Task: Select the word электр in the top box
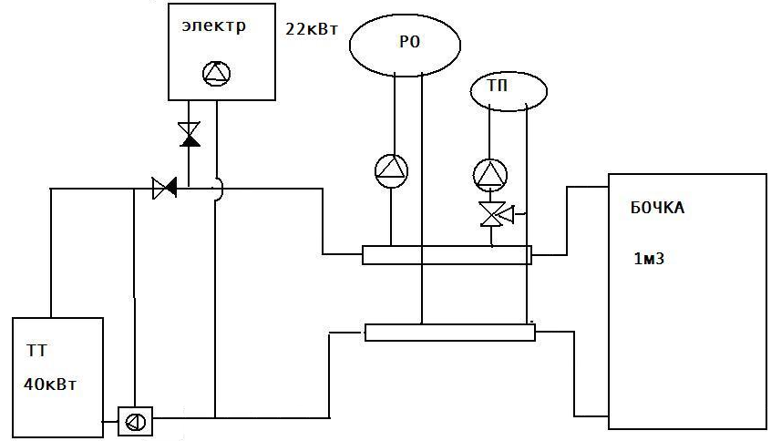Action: pyautogui.click(x=212, y=26)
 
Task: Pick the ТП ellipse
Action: pyautogui.click(x=509, y=89)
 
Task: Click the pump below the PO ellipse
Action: pyautogui.click(x=393, y=169)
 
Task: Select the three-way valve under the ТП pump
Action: pyautogui.click(x=491, y=215)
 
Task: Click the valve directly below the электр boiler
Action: pyautogui.click(x=189, y=134)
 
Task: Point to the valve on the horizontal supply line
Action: pyautogui.click(x=164, y=190)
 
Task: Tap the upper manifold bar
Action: pyautogui.click(x=447, y=255)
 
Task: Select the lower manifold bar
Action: pyautogui.click(x=450, y=332)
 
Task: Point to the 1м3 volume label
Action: pyautogui.click(x=648, y=258)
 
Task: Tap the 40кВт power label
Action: pyautogui.click(x=50, y=384)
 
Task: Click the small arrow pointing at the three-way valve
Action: pyautogui.click(x=509, y=215)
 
